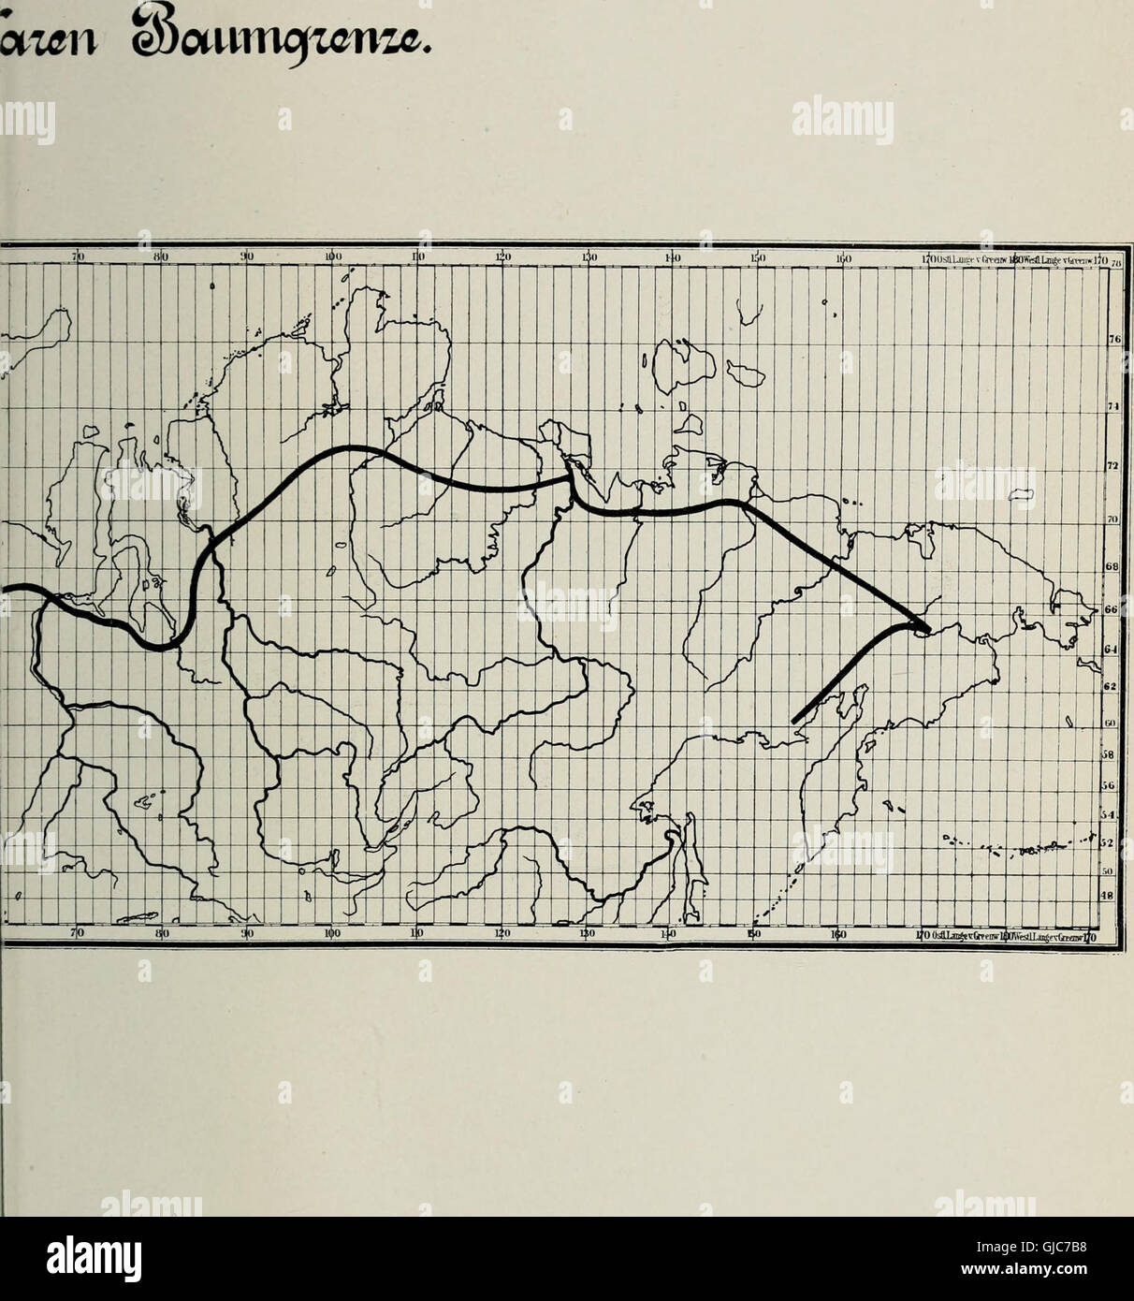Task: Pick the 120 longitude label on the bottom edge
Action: coord(502,933)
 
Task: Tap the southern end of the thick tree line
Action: coord(794,721)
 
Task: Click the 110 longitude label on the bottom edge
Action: coord(418,933)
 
